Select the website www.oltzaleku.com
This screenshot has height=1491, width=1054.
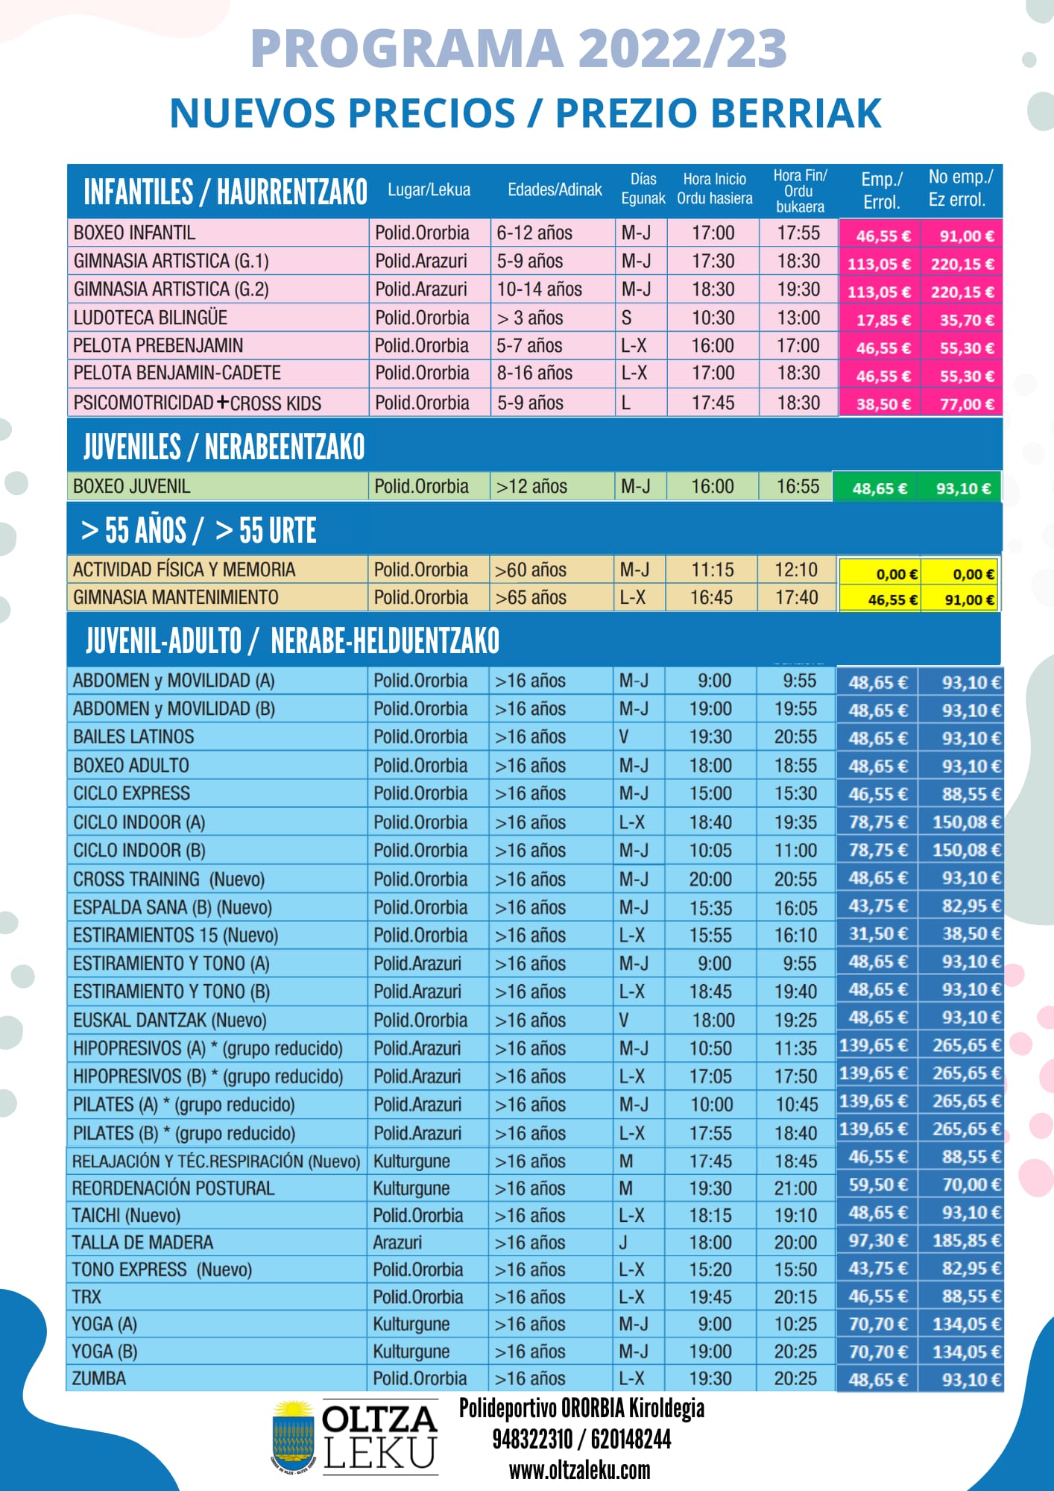tap(579, 1470)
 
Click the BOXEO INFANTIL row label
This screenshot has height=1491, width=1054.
tap(134, 233)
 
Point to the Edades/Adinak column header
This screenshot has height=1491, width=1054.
tap(555, 190)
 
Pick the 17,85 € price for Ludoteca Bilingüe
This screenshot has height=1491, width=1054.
tap(883, 320)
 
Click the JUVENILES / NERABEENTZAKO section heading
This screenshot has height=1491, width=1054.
tap(224, 447)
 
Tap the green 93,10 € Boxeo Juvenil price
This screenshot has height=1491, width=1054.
tap(963, 488)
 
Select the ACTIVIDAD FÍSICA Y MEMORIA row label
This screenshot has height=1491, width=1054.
tap(184, 570)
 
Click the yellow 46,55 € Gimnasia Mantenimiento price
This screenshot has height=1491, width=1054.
tap(893, 599)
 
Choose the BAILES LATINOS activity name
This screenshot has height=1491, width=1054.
tap(133, 737)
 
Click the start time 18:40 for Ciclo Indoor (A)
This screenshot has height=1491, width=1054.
tap(710, 822)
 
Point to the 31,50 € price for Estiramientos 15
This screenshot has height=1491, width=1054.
tap(878, 934)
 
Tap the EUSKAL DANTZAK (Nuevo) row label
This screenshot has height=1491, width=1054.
tap(169, 1020)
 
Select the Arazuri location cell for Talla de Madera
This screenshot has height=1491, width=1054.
tap(397, 1242)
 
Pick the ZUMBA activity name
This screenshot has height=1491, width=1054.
tap(99, 1378)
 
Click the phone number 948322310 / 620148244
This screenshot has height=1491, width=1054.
tap(581, 1439)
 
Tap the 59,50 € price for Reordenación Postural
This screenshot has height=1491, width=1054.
tap(878, 1185)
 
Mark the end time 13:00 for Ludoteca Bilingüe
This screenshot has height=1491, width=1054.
tap(798, 318)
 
